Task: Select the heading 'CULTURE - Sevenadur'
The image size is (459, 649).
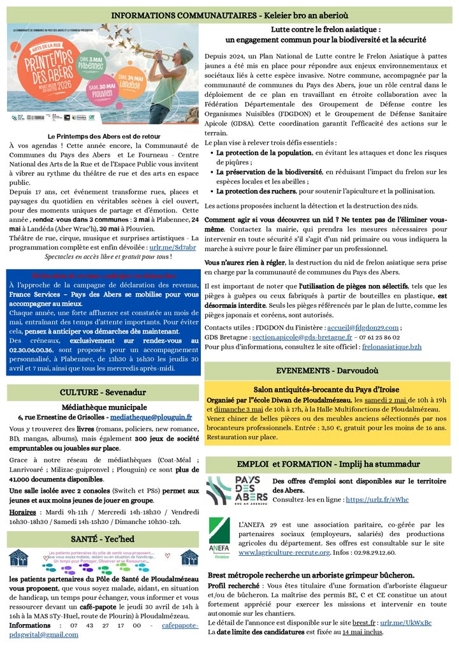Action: point(103,391)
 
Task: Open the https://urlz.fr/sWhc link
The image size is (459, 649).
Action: point(377,500)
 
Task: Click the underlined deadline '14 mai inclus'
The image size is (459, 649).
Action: point(362,632)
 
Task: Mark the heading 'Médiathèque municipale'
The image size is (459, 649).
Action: point(104,407)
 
